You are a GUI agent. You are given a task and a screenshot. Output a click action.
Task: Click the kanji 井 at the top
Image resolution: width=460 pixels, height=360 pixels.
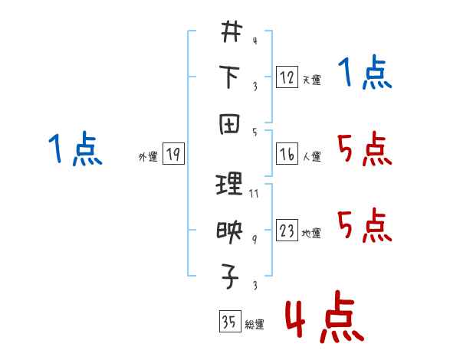click(231, 34)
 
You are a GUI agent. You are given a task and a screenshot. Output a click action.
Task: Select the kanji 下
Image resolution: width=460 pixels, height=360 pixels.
click(231, 77)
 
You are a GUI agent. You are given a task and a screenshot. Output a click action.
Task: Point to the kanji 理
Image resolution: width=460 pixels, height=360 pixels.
click(231, 185)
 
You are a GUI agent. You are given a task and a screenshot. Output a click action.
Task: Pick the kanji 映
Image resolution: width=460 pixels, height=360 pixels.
click(231, 230)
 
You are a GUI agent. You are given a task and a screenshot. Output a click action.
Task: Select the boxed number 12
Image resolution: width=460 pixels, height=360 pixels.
click(287, 77)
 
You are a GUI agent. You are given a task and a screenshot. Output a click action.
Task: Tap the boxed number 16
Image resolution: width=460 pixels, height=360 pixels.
click(287, 154)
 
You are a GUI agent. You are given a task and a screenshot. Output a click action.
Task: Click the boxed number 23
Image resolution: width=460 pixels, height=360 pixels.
click(287, 231)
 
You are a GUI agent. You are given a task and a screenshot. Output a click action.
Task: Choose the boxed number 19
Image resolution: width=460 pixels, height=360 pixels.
click(173, 155)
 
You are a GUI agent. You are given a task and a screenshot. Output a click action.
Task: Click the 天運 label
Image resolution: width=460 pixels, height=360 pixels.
click(311, 80)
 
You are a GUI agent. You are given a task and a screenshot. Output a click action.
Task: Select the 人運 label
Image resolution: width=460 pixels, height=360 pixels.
click(311, 156)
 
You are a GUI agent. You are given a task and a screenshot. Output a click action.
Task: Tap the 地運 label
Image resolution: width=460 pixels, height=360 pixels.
click(311, 233)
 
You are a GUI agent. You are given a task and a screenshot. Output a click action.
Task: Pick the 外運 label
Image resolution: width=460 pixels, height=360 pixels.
click(148, 157)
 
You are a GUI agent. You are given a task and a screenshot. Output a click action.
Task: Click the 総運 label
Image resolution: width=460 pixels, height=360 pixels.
click(255, 325)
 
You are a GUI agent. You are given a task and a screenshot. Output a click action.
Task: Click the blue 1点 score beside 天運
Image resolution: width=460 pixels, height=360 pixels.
click(366, 74)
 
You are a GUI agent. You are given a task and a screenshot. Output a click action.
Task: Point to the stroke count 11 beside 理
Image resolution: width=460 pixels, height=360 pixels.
click(254, 193)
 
